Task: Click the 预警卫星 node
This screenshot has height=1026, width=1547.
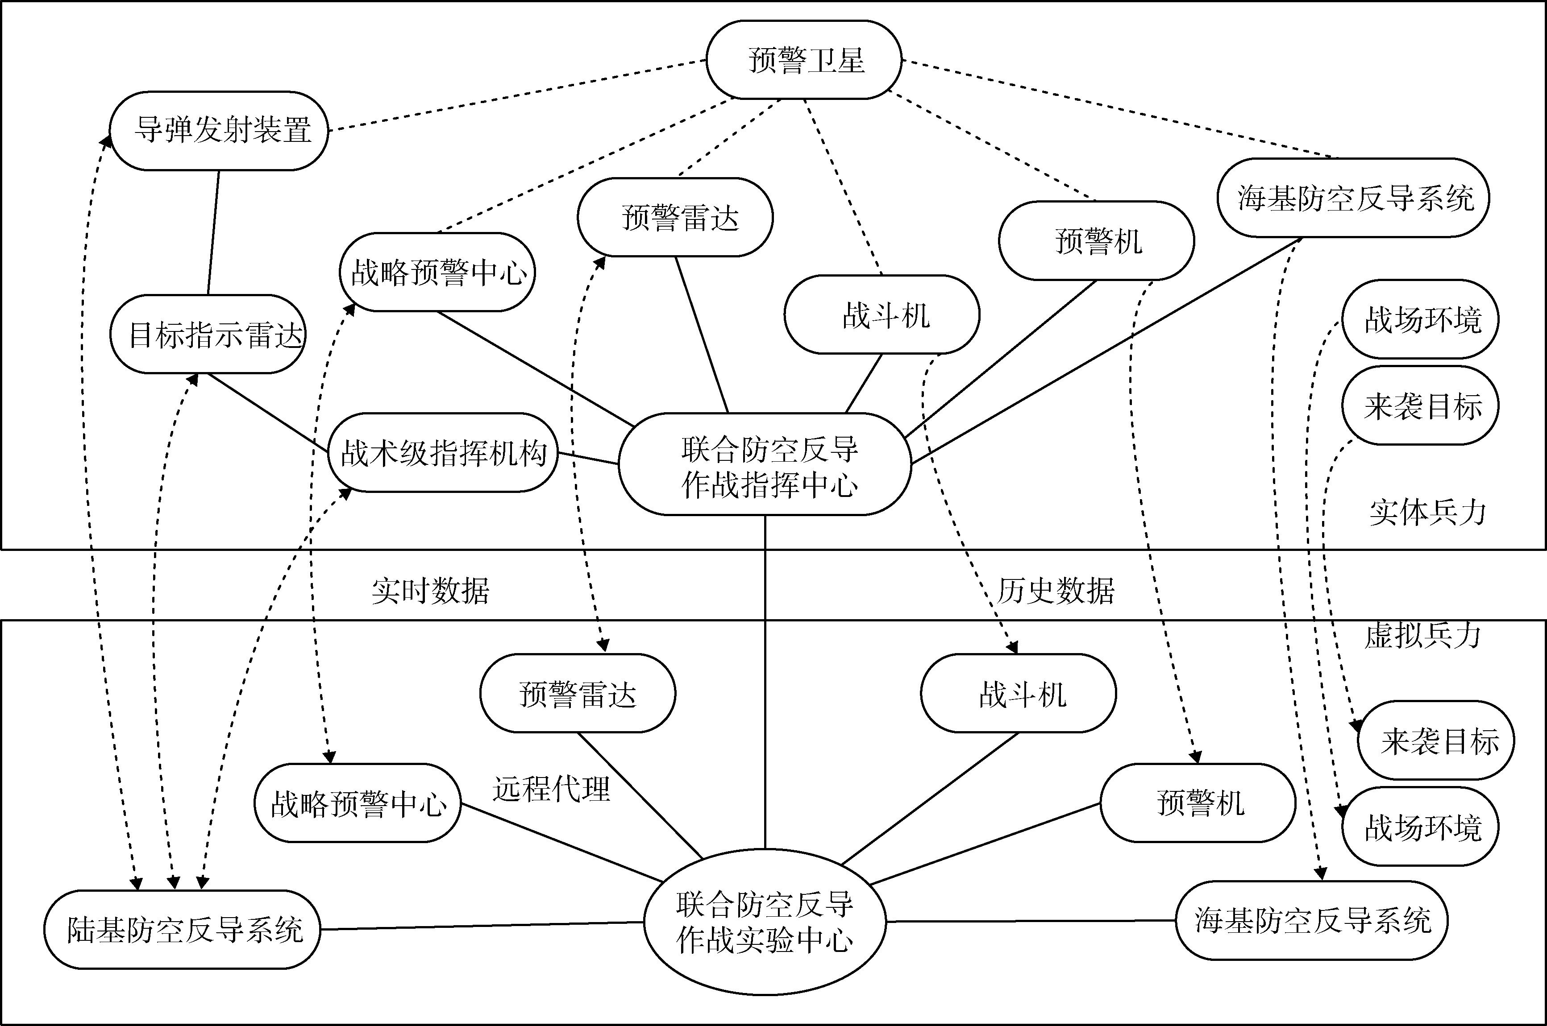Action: coord(804,60)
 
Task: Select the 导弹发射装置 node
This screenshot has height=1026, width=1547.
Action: coord(219,131)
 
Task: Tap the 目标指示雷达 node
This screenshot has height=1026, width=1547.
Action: coord(208,335)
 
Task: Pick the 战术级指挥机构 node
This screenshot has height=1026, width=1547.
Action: coord(443,453)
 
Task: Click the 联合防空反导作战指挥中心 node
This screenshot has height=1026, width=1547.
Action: coord(765,464)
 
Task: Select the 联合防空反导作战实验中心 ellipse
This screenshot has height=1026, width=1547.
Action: coord(765,922)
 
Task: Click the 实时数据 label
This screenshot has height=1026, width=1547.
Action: coord(430,591)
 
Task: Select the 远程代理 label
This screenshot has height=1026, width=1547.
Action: coord(551,789)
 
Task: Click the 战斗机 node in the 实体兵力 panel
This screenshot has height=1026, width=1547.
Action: coord(882,315)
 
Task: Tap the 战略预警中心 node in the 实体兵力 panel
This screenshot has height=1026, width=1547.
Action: coord(437,272)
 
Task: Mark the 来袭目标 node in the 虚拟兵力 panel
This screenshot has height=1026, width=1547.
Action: coord(1436,741)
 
